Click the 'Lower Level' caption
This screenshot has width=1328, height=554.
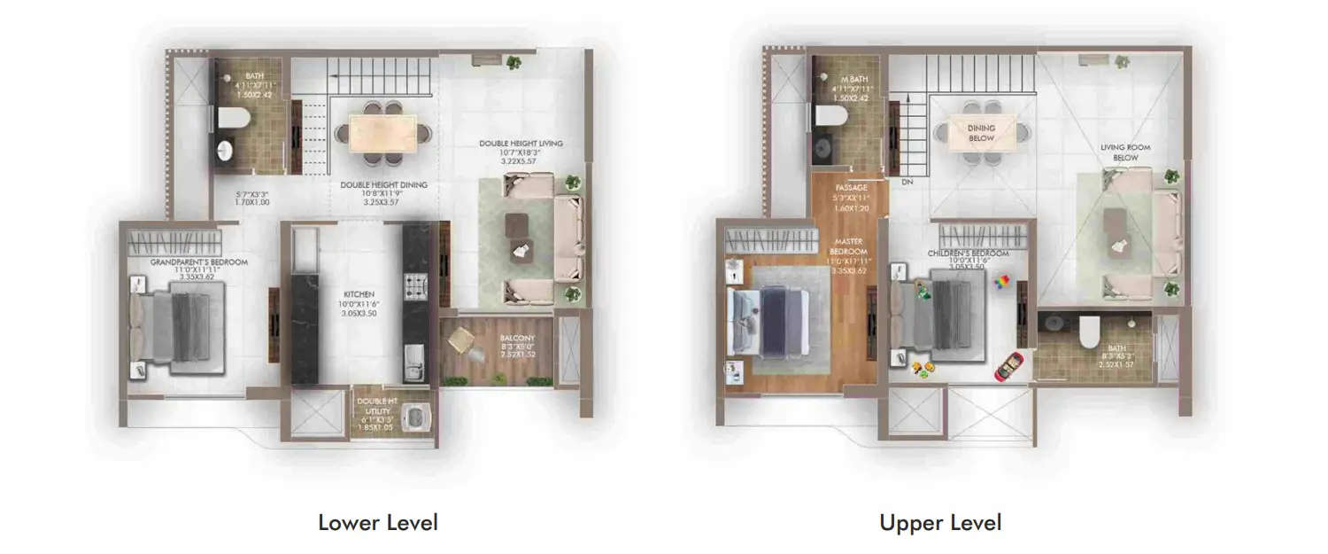(378, 522)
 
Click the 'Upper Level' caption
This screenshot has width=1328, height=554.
(940, 522)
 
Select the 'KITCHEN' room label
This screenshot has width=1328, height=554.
(359, 293)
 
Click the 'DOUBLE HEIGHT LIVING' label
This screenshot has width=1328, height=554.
(521, 144)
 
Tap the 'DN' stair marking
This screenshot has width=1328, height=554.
(906, 183)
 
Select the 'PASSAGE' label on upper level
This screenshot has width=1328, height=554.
(850, 188)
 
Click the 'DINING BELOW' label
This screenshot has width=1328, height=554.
(981, 133)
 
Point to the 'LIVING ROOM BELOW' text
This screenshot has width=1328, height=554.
(1119, 152)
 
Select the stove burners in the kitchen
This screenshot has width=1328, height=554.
(414, 285)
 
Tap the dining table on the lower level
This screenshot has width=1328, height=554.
(382, 134)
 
